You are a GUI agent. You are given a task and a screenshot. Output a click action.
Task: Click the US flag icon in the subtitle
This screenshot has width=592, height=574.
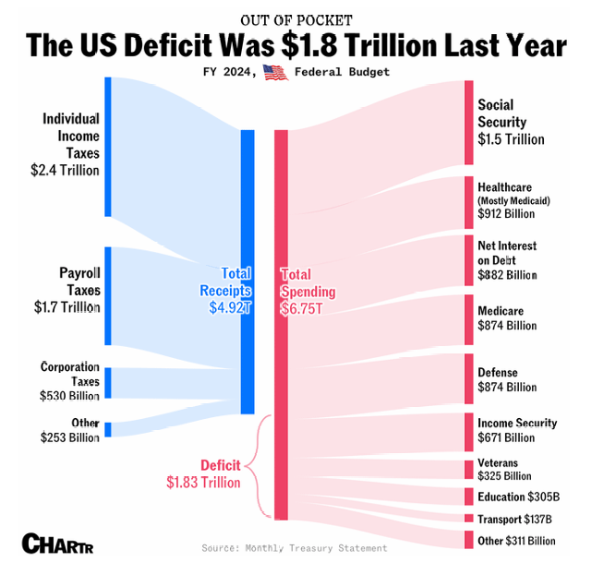coord(275,73)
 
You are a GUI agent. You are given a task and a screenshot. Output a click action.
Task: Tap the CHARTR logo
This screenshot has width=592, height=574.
coord(57,544)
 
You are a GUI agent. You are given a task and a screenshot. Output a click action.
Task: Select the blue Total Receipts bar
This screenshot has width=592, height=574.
coord(248,271)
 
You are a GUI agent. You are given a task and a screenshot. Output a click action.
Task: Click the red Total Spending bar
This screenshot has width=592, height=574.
coord(281,323)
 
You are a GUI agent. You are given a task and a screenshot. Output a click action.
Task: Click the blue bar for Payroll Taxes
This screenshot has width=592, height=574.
coord(108,295)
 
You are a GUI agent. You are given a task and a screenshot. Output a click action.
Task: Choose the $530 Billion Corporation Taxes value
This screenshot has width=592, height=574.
coord(70,396)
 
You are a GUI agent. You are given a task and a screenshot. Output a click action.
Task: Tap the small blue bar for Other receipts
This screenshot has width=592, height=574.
coord(108,429)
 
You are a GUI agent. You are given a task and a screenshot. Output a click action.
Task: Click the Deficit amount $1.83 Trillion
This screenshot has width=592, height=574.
coord(203,482)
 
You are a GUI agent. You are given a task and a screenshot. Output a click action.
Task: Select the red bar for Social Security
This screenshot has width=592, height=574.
coord(468,122)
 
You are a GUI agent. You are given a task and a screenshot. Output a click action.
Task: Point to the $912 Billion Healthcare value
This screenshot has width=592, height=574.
coord(506,214)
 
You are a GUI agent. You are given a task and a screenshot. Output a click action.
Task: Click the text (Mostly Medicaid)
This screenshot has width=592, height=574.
coord(513,200)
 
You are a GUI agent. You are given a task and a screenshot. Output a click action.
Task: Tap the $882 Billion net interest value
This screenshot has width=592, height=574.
coord(507,275)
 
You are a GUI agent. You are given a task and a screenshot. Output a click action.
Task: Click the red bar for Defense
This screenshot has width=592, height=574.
coord(468,378)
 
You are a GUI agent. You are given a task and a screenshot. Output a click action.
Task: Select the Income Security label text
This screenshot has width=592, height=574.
coord(517,423)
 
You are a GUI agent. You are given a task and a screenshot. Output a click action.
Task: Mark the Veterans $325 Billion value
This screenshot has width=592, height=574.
coord(506,475)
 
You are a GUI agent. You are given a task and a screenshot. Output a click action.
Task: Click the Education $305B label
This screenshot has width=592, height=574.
coord(518,496)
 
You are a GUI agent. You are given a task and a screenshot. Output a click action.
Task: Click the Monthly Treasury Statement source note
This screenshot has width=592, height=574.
coord(296,548)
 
